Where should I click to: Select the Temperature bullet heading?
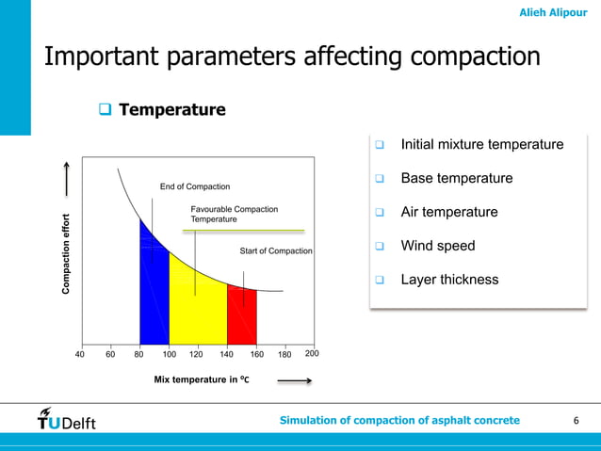(171, 110)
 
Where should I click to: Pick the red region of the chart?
(241, 320)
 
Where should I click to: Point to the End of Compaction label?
(195, 186)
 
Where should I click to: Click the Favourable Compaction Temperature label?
(234, 214)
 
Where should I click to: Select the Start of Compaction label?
(276, 251)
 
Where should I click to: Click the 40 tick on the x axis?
(80, 355)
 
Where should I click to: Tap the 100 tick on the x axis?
(170, 355)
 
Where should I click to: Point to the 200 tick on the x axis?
(312, 354)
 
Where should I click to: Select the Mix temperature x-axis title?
(201, 380)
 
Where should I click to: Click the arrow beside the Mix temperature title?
(295, 381)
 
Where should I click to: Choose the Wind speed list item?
(437, 247)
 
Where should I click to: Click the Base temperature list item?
(456, 179)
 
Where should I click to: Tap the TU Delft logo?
(67, 419)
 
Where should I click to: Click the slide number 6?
(576, 420)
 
